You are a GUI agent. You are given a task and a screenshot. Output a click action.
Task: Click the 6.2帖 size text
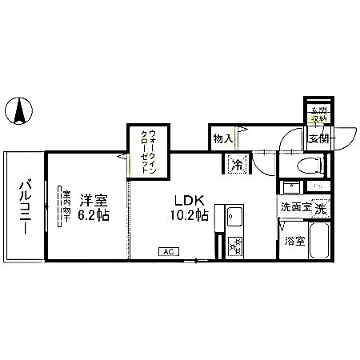[94, 216]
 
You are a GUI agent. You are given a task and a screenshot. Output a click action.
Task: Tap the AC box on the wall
[168, 252]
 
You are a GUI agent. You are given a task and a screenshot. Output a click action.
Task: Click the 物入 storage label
[222, 139]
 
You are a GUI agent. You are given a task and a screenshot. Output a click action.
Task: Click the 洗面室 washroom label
[295, 209]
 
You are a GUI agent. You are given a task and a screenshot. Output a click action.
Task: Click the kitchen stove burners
[235, 246]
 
